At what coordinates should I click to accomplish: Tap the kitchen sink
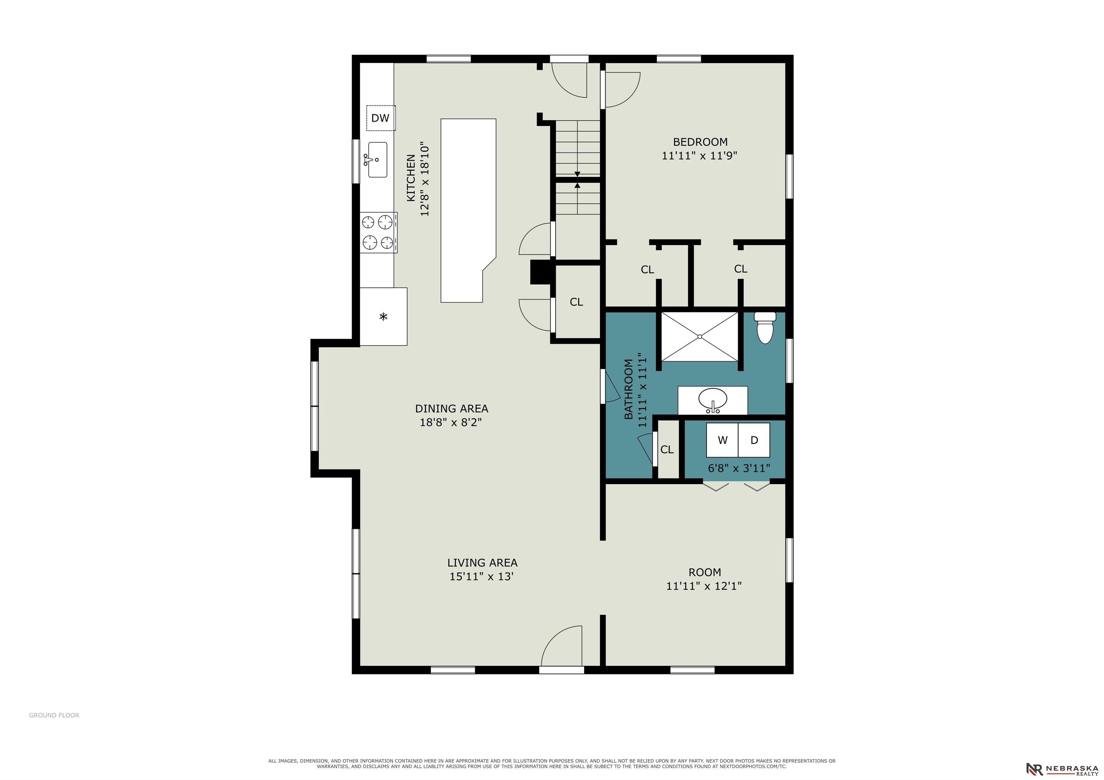point(377,159)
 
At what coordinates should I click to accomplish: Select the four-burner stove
point(379,233)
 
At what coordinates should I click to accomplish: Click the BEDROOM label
point(700,142)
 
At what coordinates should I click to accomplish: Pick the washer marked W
point(722,440)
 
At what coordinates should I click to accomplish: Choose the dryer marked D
point(754,440)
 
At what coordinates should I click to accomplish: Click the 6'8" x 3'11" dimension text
point(739,468)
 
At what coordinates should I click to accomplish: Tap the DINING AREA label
point(451,409)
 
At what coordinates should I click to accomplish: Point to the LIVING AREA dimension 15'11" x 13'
point(482,576)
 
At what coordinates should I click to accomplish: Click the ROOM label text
point(705,572)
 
